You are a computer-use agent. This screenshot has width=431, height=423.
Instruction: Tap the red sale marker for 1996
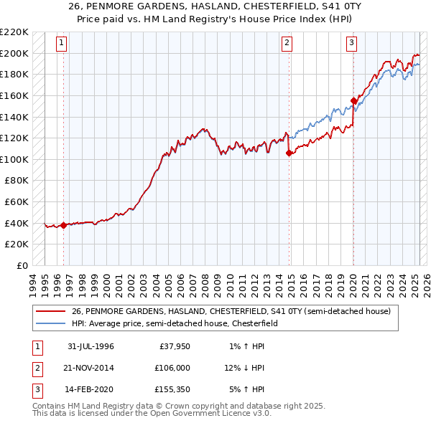(x=63, y=225)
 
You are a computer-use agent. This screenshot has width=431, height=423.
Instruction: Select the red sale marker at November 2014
(x=289, y=153)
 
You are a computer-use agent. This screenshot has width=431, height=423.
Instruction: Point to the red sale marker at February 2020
(x=353, y=100)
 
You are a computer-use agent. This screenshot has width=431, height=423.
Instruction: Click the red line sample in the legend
(x=50, y=312)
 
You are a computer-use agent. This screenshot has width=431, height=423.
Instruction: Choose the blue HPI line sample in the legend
(x=50, y=323)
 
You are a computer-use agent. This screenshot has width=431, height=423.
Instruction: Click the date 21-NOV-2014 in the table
(x=90, y=368)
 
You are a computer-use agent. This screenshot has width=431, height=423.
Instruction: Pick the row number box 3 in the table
(x=37, y=389)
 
